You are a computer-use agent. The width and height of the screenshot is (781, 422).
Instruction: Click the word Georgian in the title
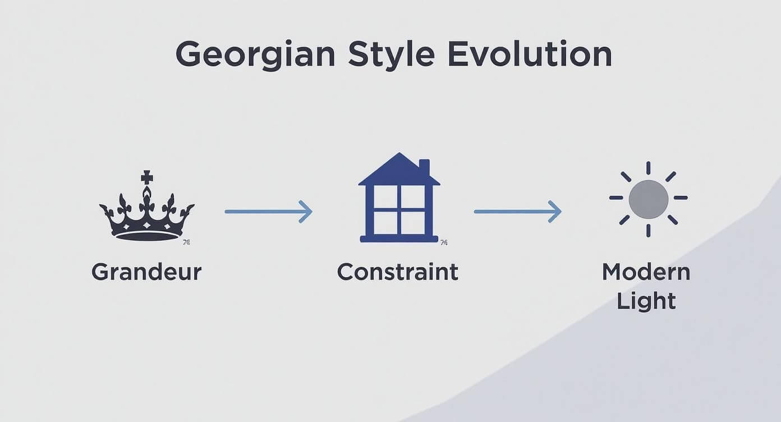256,56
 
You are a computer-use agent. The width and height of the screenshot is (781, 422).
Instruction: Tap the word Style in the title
392,56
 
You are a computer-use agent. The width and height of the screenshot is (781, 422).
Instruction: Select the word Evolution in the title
530,54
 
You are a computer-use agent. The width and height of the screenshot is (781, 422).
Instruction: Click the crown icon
147,206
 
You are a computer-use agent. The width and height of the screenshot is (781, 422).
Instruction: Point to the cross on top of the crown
147,177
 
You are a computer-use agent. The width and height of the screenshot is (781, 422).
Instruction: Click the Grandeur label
146,272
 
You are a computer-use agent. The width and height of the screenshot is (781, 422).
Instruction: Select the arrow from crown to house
268,212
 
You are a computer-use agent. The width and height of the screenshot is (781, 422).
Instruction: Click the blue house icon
399,198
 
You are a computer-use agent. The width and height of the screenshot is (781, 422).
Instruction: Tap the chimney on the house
424,167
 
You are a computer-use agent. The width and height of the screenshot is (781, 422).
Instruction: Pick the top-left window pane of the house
385,197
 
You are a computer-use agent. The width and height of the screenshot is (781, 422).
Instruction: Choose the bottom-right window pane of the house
413,223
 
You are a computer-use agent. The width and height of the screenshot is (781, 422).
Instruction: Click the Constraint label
397,272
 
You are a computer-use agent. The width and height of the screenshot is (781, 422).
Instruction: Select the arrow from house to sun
518,212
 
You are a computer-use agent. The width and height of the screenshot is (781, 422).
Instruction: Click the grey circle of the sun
649,199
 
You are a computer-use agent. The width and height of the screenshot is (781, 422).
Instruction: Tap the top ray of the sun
649,168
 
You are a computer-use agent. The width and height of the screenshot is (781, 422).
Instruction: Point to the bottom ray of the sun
649,231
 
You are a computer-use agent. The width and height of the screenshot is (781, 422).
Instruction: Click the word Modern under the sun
646,272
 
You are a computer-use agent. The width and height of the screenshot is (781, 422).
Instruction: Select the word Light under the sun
646,301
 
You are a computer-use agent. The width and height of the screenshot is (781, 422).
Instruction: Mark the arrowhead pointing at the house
306,212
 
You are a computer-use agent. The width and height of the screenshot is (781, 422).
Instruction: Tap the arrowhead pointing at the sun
555,212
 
